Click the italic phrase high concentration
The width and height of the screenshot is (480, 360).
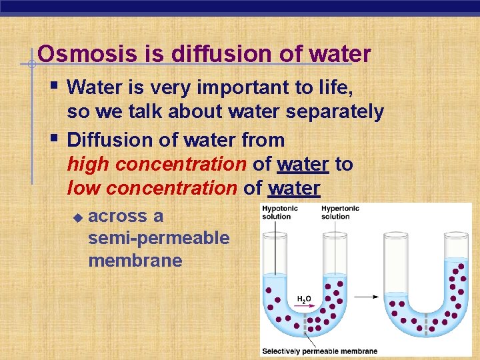pyautogui.click(x=157, y=164)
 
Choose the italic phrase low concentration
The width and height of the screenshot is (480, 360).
pyautogui.click(x=153, y=189)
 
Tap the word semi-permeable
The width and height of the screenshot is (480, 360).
pyautogui.click(x=159, y=238)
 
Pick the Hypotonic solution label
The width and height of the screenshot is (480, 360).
pyautogui.click(x=277, y=213)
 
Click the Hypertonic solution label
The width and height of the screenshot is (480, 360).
pyautogui.click(x=340, y=213)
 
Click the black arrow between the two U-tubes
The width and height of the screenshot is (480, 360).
pyautogui.click(x=371, y=297)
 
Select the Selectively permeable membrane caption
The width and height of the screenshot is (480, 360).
pyautogui.click(x=319, y=351)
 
